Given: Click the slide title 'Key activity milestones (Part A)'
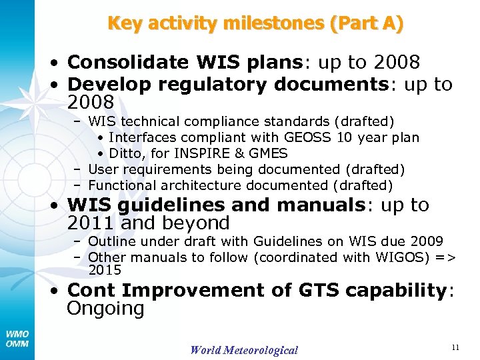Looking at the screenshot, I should pyautogui.click(x=255, y=24).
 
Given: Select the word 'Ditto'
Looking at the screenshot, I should pyautogui.click(x=126, y=153).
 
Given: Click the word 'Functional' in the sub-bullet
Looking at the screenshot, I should pyautogui.click(x=121, y=185).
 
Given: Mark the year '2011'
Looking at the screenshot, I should pyautogui.click(x=91, y=223).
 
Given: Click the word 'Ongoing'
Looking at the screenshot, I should pyautogui.click(x=106, y=309).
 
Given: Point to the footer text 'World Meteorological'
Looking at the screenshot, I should pyautogui.click(x=244, y=350).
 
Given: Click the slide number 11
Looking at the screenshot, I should pyautogui.click(x=455, y=347).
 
